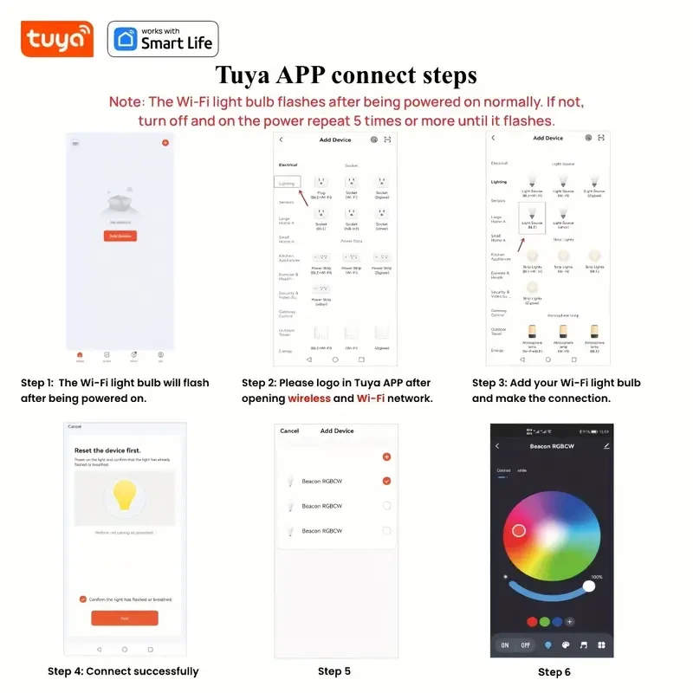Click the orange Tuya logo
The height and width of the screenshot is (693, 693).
click(x=56, y=39)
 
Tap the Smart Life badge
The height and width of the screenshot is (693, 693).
click(x=163, y=39)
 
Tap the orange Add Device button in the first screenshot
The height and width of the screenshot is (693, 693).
click(x=120, y=236)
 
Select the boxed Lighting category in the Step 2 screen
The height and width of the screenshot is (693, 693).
click(x=287, y=182)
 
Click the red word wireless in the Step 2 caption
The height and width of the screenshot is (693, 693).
click(x=308, y=398)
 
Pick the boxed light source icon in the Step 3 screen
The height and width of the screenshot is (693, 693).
click(x=532, y=216)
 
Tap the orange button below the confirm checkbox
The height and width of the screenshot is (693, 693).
click(x=125, y=618)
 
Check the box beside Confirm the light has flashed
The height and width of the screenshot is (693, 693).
click(x=82, y=599)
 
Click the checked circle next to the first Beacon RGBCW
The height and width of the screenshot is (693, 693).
click(x=386, y=481)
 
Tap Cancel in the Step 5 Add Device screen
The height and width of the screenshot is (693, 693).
click(x=289, y=431)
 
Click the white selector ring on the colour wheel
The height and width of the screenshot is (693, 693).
click(x=519, y=530)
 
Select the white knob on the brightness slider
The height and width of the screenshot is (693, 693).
click(x=589, y=586)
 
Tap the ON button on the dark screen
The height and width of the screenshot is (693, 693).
click(x=505, y=645)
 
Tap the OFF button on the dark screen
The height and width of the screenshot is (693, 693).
click(x=526, y=645)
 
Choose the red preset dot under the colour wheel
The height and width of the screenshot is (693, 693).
click(x=532, y=621)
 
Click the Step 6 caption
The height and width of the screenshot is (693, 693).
click(x=554, y=672)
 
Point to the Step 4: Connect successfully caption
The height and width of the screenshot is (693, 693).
click(x=123, y=671)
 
